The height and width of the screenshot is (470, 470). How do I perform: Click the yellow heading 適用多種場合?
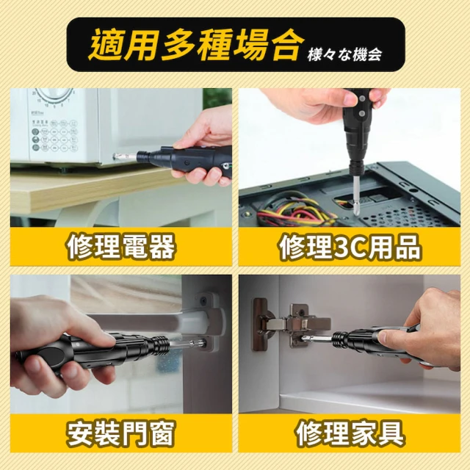coord(194,46)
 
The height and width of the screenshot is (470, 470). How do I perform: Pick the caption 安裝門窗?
coord(120,433)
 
